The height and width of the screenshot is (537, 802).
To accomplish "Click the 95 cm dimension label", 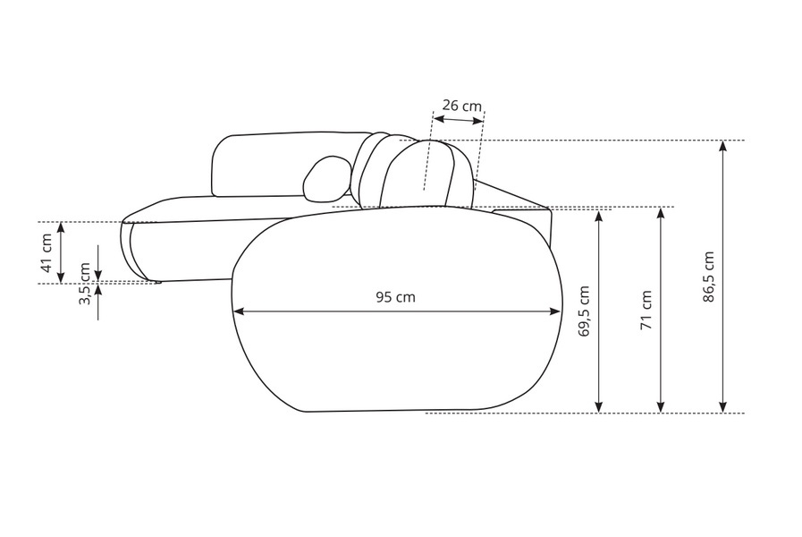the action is click(x=395, y=297).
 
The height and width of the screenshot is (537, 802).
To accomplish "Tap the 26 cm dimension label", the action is click(x=462, y=106).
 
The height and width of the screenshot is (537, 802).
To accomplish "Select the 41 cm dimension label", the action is click(x=46, y=252).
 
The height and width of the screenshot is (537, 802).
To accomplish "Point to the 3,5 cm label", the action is click(x=85, y=284).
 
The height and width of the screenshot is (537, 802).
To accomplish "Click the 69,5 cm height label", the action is click(x=584, y=311).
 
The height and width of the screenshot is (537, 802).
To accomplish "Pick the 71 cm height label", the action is click(x=646, y=310).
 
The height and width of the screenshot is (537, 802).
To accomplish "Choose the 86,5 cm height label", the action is click(x=708, y=277).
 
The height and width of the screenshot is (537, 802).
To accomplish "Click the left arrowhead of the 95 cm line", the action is click(x=240, y=311).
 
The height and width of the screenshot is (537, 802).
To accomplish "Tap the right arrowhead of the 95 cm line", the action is click(x=555, y=311).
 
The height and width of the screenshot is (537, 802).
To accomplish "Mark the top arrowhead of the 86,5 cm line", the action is click(x=722, y=147).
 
